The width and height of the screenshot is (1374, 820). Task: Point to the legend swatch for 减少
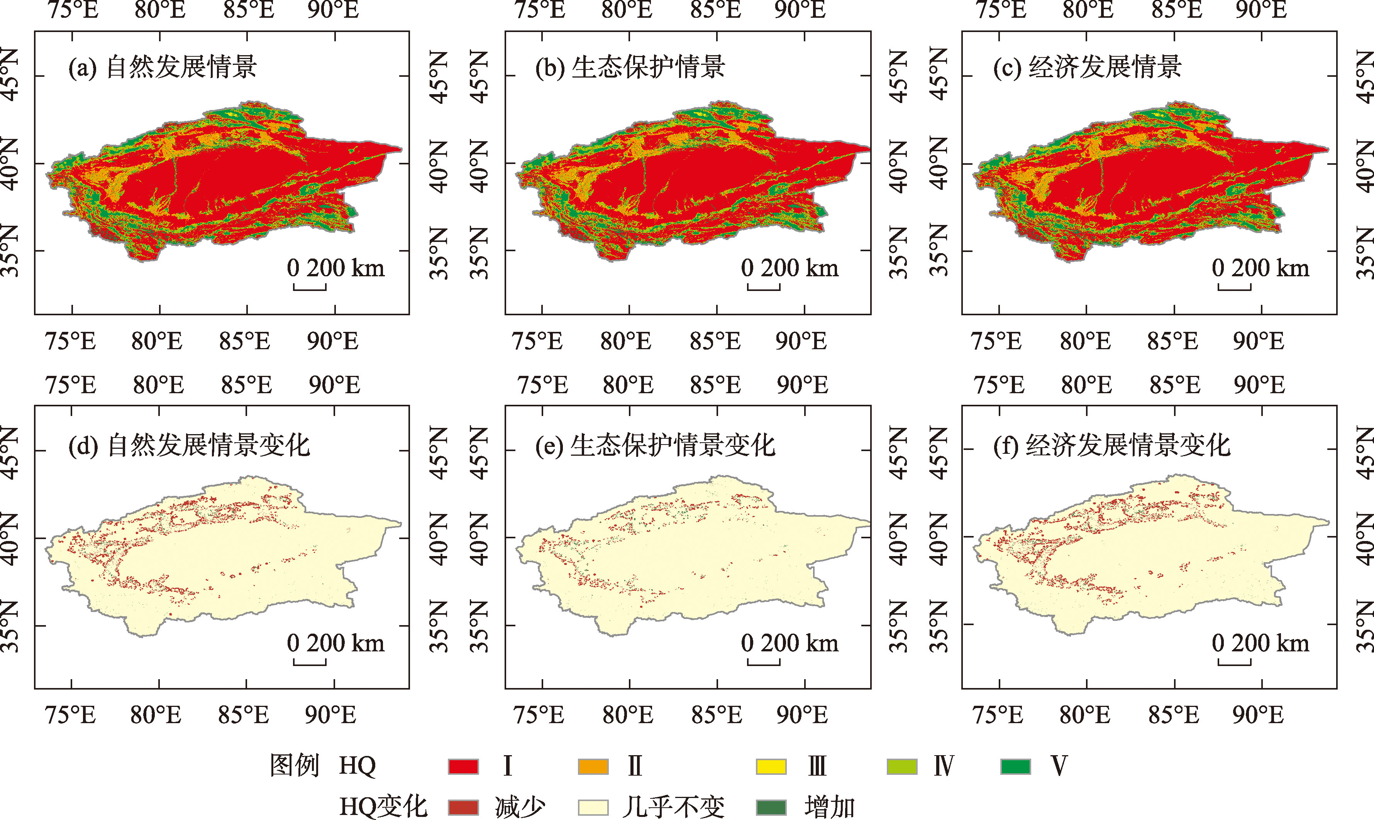click(463, 807)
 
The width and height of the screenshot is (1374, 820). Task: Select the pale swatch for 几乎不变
click(593, 807)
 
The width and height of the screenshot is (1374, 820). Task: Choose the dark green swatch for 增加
click(771, 807)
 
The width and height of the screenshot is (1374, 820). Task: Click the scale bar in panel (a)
click(310, 287)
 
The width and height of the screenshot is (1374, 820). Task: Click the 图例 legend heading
click(295, 766)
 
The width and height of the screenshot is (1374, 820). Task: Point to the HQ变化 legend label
click(383, 807)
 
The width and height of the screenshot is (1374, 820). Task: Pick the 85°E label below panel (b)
click(715, 342)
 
